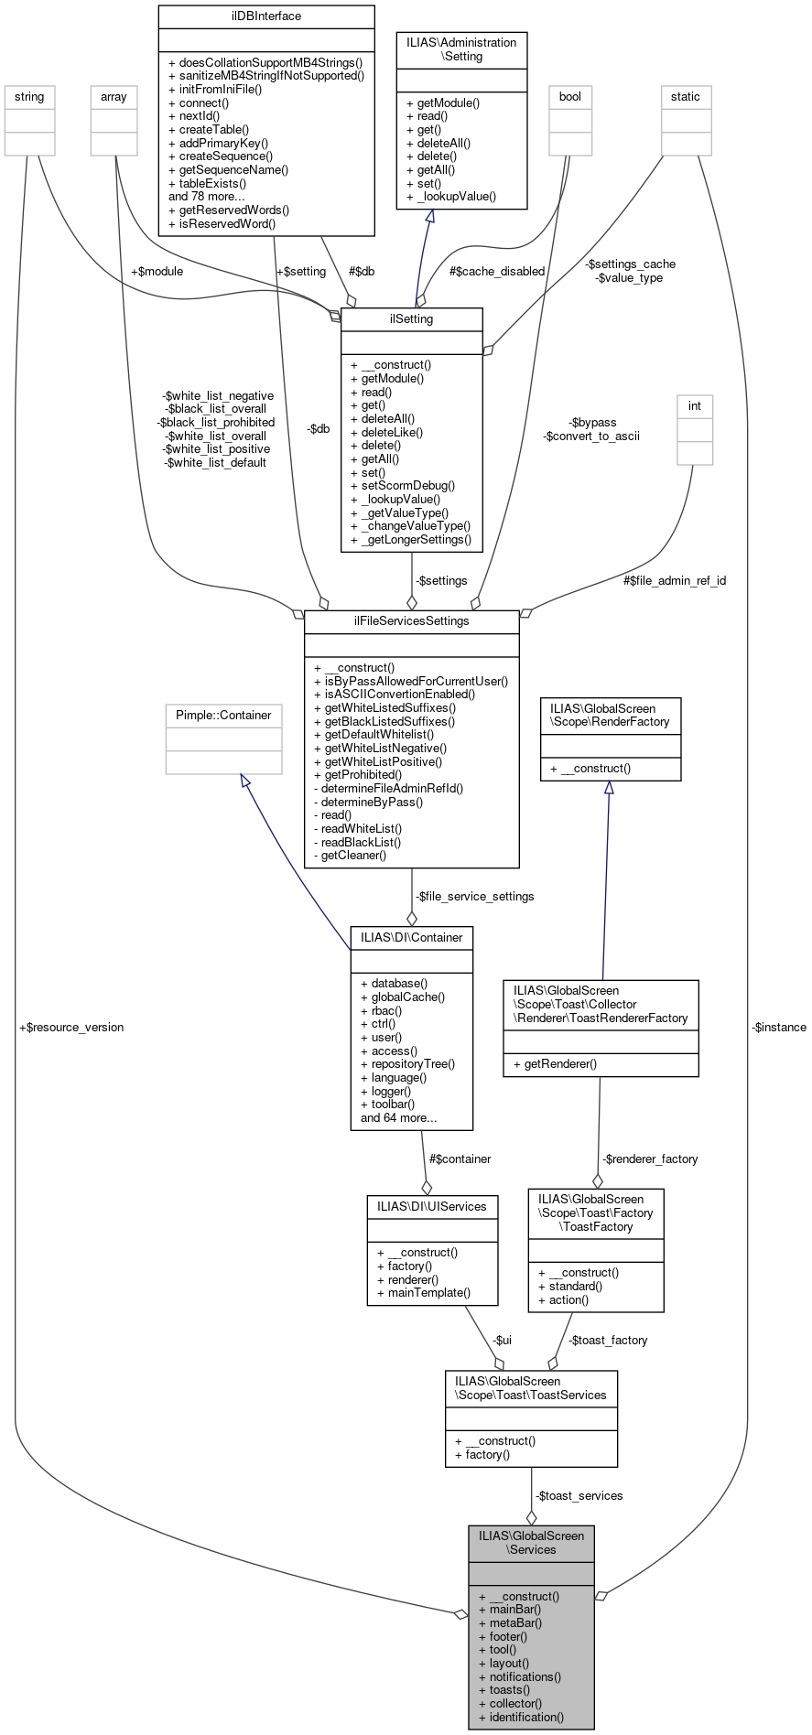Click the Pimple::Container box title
[x=223, y=715]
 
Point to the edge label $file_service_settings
[x=474, y=896]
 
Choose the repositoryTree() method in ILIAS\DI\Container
[x=412, y=1064]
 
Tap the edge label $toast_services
[x=579, y=1495]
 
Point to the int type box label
[x=695, y=405]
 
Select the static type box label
[x=685, y=96]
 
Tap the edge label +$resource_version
[x=71, y=1027]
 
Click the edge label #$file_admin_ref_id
[x=675, y=580]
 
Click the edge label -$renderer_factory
[x=649, y=1158]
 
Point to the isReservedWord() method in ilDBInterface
[x=227, y=223]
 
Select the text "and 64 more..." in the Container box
[x=398, y=1117]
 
